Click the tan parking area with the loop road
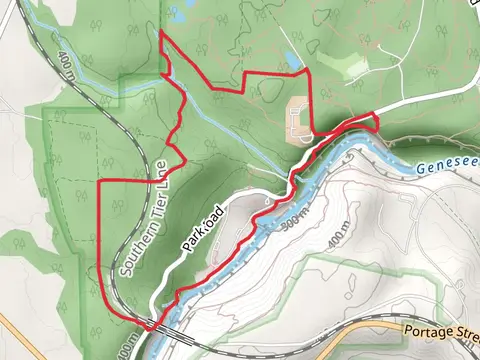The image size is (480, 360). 299,118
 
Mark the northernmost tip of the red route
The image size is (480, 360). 163,34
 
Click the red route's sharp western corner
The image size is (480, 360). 101,182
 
